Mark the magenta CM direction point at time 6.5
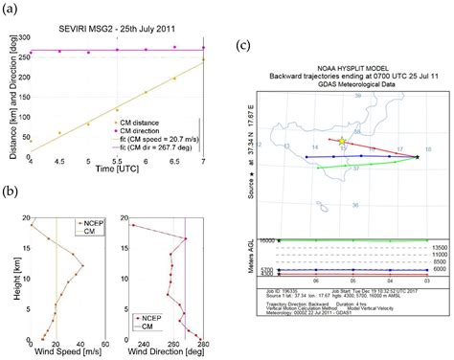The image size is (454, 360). click(174, 46)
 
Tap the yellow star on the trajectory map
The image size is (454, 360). click(343, 142)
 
